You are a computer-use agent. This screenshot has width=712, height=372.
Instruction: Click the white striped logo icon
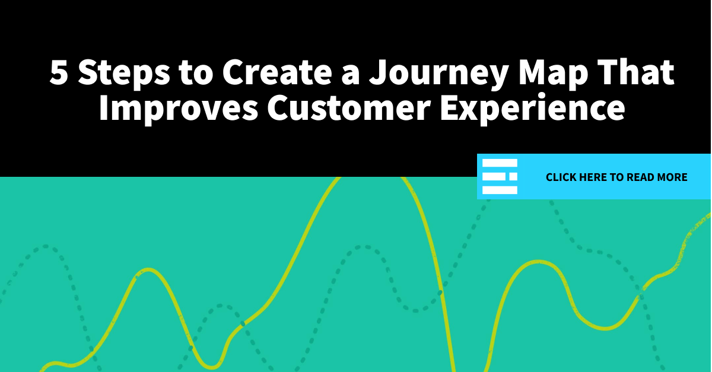click(x=500, y=177)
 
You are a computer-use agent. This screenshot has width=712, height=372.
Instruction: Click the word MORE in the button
click(x=672, y=177)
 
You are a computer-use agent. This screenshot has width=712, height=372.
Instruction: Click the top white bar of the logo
click(x=500, y=164)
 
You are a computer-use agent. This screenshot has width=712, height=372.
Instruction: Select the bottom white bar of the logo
click(x=500, y=190)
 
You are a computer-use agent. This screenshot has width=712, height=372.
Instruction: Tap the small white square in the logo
click(x=513, y=177)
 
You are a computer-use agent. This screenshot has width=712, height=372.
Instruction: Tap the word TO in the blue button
click(x=616, y=177)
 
